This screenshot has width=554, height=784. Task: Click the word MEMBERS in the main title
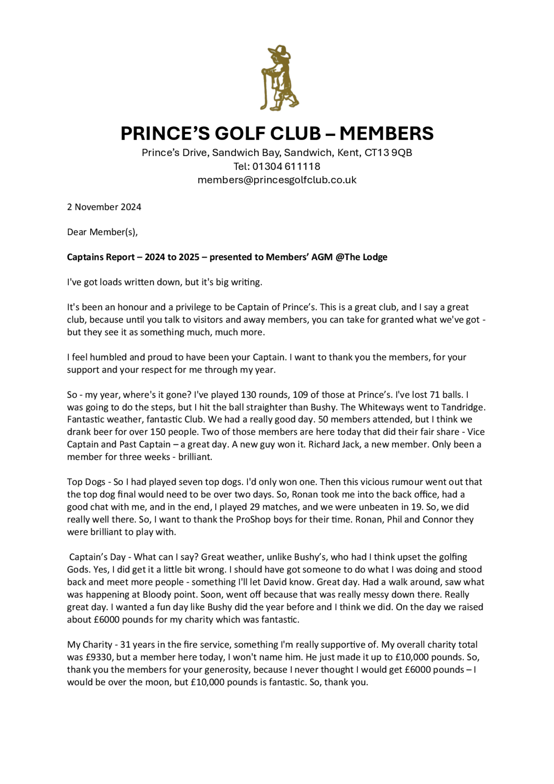(386, 134)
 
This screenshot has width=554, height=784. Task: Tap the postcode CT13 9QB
(388, 153)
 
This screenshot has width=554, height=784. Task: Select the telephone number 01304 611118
(286, 166)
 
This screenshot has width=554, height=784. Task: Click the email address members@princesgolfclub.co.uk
(277, 180)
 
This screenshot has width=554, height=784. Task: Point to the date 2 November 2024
(104, 207)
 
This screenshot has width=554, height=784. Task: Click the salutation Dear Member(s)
(102, 232)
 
